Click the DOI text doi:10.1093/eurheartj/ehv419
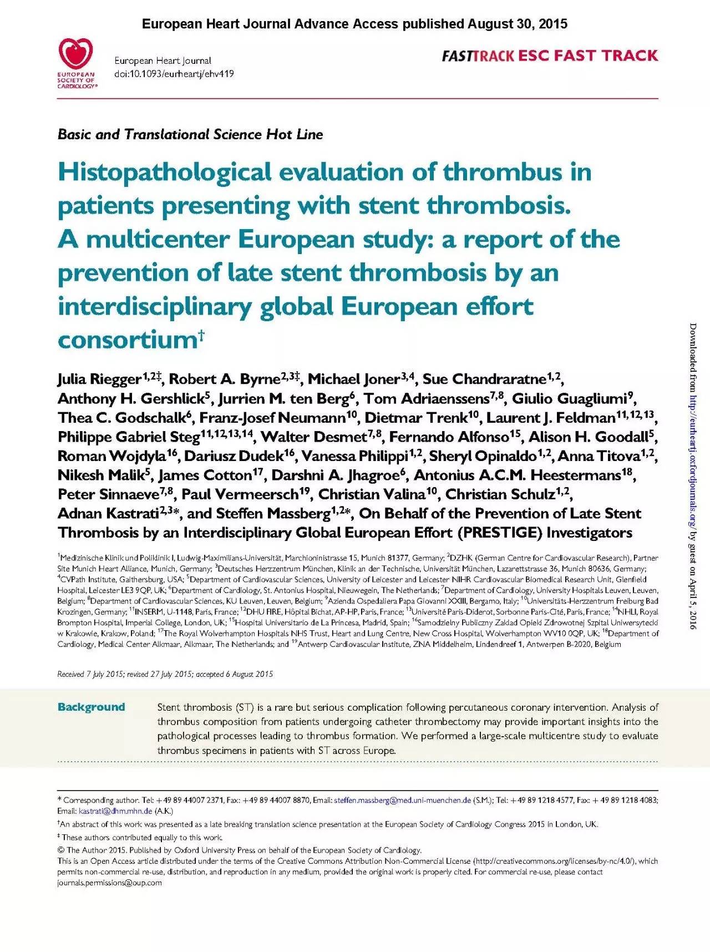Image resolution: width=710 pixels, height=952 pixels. (174, 73)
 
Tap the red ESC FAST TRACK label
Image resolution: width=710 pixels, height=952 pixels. (588, 55)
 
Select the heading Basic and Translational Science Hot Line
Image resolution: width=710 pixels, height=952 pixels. (190, 135)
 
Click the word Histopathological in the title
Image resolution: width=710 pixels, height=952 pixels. (165, 173)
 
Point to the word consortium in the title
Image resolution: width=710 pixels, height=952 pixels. (128, 340)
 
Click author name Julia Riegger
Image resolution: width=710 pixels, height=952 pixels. (99, 379)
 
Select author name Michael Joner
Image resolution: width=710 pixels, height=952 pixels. (354, 379)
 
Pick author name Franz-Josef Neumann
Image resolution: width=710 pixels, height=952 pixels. (272, 418)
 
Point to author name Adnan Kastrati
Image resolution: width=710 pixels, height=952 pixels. (109, 514)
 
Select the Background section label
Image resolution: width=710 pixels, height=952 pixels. (91, 707)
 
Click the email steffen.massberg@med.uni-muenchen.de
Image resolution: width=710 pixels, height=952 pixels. (402, 800)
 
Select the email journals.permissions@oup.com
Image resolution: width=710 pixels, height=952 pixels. (110, 883)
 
